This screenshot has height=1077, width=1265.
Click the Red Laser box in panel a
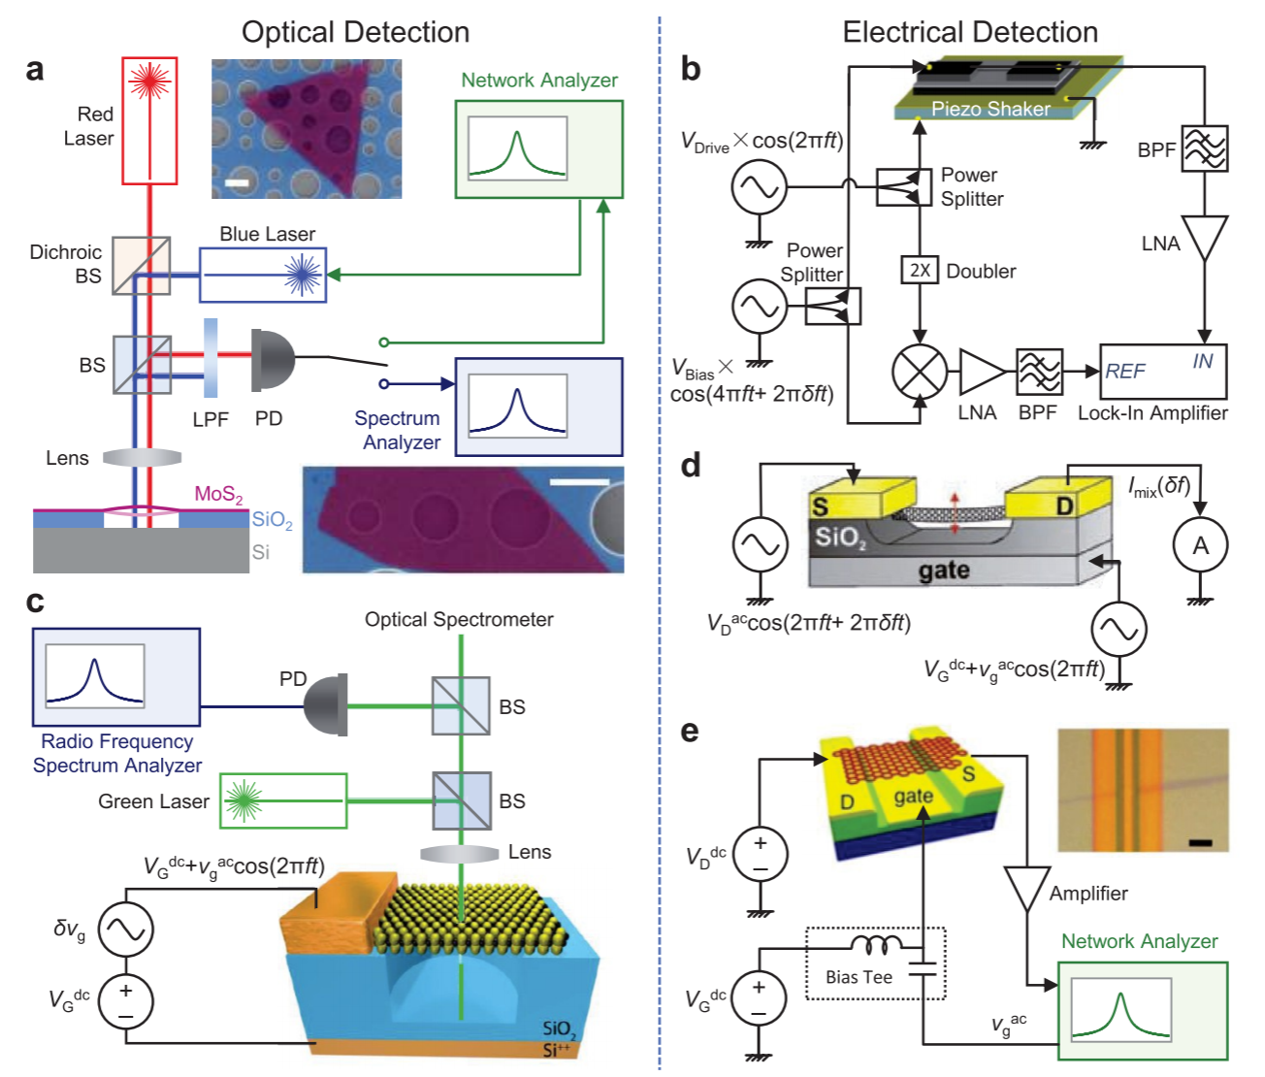coord(149,120)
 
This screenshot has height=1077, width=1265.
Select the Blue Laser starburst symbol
coord(303,275)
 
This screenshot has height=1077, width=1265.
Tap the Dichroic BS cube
coord(142,265)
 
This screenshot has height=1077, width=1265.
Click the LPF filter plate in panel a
coord(210,358)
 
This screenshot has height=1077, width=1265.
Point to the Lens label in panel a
coord(67,458)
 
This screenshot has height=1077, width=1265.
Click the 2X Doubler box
coord(920,271)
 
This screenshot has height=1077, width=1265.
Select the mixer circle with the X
coord(919,372)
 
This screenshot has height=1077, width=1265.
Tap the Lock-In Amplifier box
coord(1162,372)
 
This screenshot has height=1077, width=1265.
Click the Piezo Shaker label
coord(990,109)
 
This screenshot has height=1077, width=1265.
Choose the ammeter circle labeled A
coord(1200,545)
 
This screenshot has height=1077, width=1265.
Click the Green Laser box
coord(283,800)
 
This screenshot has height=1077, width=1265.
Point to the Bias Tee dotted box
coord(875,963)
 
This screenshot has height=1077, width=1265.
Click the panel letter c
coord(36,602)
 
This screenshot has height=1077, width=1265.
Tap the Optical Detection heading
coord(355,32)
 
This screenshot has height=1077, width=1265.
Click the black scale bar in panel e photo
coord(1200,842)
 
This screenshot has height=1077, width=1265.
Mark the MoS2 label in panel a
coord(218,494)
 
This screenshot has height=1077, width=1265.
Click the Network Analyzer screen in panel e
coord(1120,1010)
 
